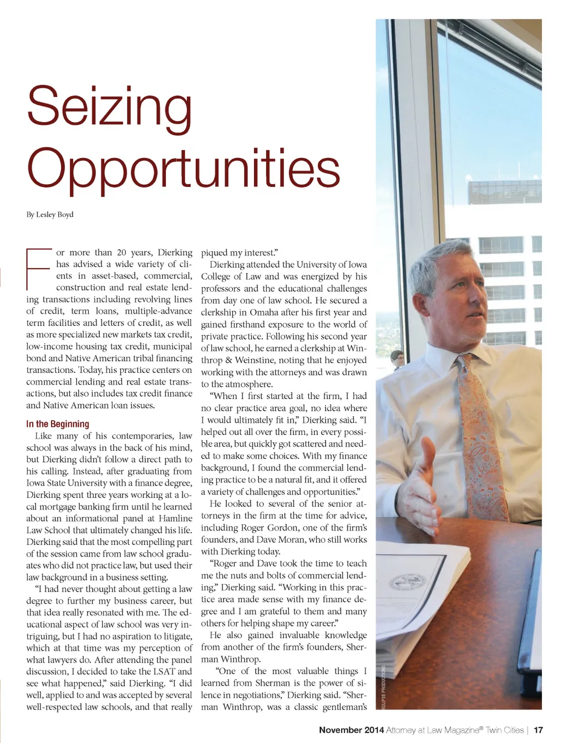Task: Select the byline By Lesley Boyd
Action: click(50, 215)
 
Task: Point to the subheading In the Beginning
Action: click(58, 424)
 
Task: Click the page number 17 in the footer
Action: click(538, 730)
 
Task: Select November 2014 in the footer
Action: click(351, 730)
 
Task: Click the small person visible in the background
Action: click(395, 360)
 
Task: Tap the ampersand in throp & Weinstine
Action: click(228, 360)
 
